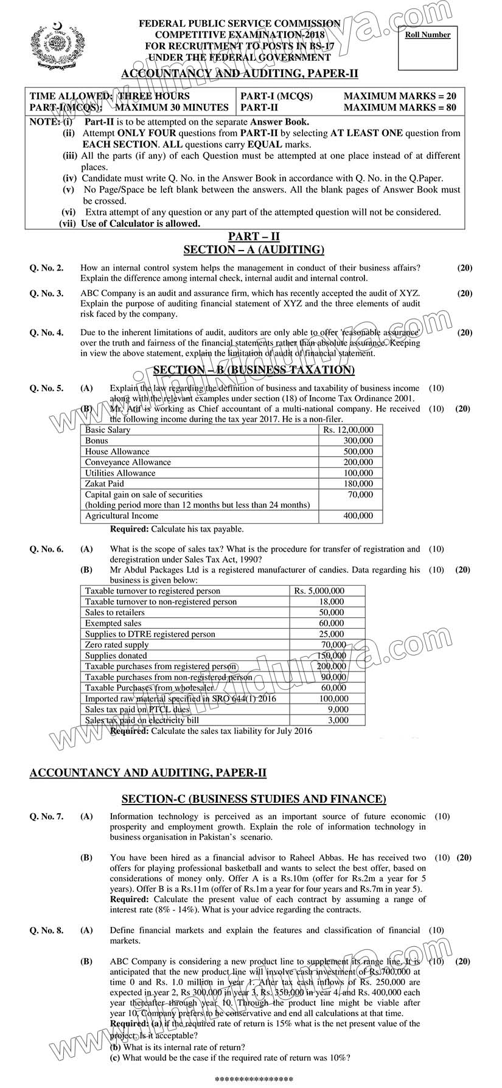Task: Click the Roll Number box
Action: pyautogui.click(x=428, y=48)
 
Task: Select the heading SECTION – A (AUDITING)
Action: pyautogui.click(x=254, y=249)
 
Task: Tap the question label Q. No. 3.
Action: pyautogui.click(x=46, y=293)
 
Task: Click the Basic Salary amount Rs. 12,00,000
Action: pyautogui.click(x=357, y=430)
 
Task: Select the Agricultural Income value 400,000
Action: pyautogui.click(x=358, y=516)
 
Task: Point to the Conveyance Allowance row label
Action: pyautogui.click(x=128, y=462)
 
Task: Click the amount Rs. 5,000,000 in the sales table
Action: pyautogui.click(x=319, y=591)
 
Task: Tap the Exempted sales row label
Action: pyautogui.click(x=113, y=623)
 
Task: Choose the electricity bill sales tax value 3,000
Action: pyautogui.click(x=338, y=720)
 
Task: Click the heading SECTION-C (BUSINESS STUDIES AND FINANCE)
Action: pyautogui.click(x=254, y=799)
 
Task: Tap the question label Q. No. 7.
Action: pyautogui.click(x=46, y=816)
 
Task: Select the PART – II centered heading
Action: pyautogui.click(x=254, y=237)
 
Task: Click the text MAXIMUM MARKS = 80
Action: pyautogui.click(x=400, y=108)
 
